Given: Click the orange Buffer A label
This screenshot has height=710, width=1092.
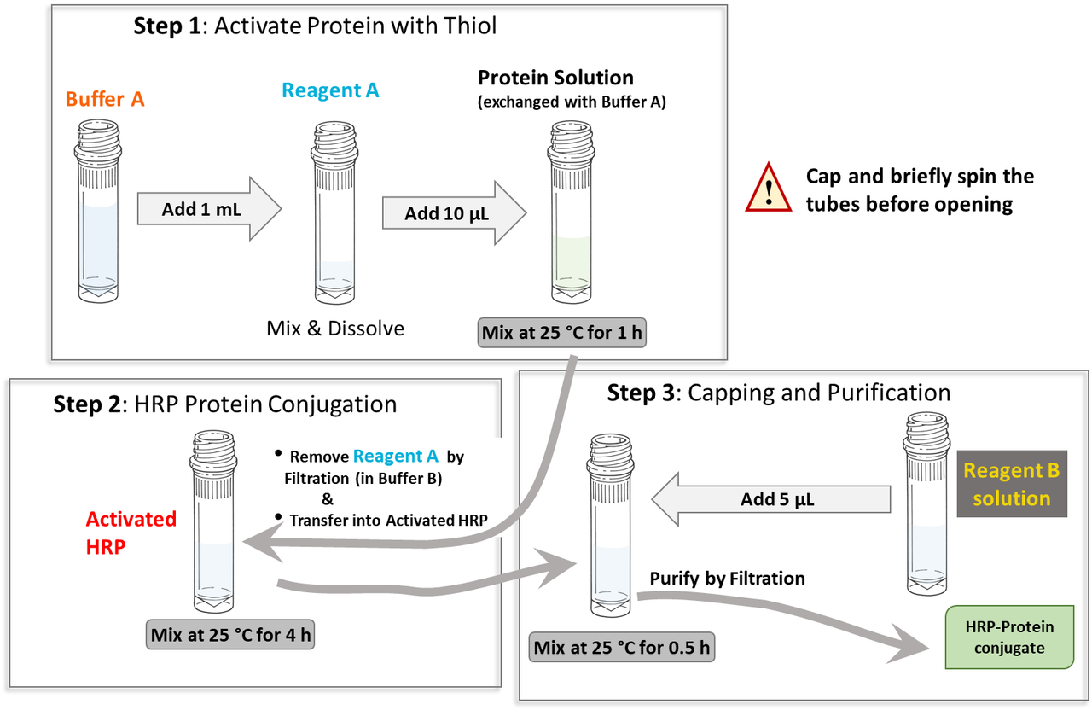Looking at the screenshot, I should (x=105, y=99).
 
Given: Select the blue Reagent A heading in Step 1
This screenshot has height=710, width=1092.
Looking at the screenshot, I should (x=330, y=90).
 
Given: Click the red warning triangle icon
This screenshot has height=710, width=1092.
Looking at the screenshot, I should (x=770, y=189).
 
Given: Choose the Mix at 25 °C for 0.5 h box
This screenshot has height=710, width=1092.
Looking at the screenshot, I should (x=622, y=648).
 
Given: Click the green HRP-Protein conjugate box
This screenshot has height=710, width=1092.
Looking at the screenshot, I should (x=1009, y=637).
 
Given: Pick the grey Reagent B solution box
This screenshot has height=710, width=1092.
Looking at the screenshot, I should (x=1012, y=483).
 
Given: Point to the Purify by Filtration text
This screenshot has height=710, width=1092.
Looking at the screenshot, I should (x=727, y=579).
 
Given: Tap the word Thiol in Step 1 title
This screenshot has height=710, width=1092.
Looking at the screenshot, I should (x=467, y=26).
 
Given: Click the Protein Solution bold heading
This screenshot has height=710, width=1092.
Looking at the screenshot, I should (x=555, y=78).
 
